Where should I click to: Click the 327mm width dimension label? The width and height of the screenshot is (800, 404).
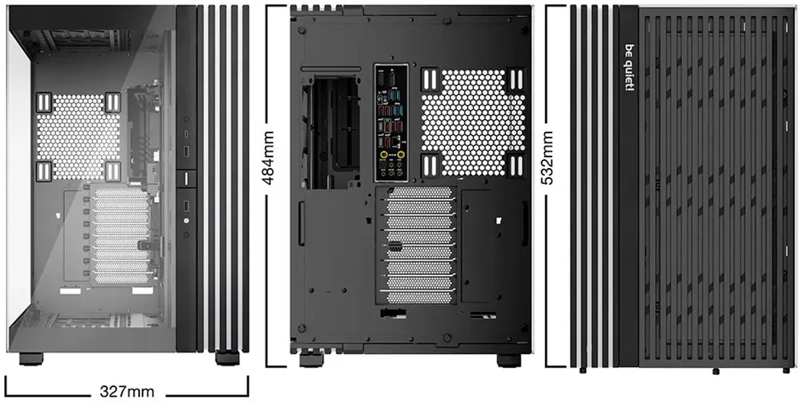pyautogui.click(x=127, y=392)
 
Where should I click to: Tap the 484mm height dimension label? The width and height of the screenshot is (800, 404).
pyautogui.click(x=268, y=158)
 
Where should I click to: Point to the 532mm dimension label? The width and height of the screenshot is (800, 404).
pyautogui.click(x=547, y=158)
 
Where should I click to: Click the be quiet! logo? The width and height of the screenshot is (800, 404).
pyautogui.click(x=629, y=67)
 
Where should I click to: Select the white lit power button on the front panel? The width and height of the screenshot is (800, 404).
pyautogui.click(x=186, y=221)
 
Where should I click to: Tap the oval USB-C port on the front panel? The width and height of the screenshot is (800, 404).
pyautogui.click(x=186, y=134)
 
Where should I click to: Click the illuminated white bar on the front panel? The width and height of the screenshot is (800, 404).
pyautogui.click(x=186, y=179)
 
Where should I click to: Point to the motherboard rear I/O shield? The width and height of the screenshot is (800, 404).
pyautogui.click(x=391, y=123)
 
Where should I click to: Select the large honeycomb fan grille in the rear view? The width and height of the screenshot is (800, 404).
pyautogui.click(x=473, y=122)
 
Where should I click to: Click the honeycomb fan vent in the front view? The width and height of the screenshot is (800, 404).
pyautogui.click(x=79, y=137)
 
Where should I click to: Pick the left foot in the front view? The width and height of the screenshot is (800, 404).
pyautogui.click(x=31, y=359)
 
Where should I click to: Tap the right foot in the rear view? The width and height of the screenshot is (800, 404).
pyautogui.click(x=509, y=360)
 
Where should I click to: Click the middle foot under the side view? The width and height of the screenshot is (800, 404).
pyautogui.click(x=716, y=371)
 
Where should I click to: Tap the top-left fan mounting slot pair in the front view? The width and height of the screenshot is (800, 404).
pyautogui.click(x=44, y=103)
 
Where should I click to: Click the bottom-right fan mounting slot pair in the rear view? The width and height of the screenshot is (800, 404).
pyautogui.click(x=516, y=166)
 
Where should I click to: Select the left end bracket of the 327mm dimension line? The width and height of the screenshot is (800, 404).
pyautogui.click(x=6, y=386)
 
